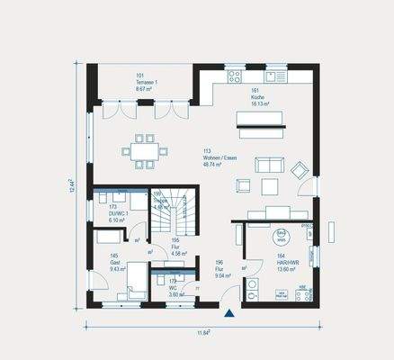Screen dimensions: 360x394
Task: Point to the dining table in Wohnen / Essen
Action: [x=143, y=151]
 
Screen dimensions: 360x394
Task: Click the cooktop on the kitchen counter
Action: [x=237, y=76]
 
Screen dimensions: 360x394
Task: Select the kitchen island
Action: [x=259, y=120]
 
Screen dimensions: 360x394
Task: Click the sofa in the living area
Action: [x=269, y=166]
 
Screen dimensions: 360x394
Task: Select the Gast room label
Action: [x=116, y=263]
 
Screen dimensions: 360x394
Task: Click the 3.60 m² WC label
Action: [x=176, y=291]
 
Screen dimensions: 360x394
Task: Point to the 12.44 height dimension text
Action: [x=70, y=186]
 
